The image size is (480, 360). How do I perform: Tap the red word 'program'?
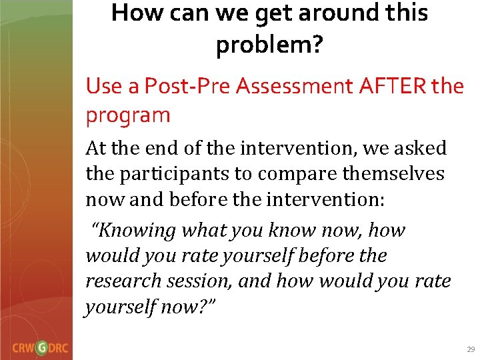tap(128, 115)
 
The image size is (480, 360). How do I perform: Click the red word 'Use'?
tap(103, 85)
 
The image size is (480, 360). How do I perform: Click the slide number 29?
tap(471, 349)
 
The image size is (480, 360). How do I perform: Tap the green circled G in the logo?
tap(42, 347)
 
